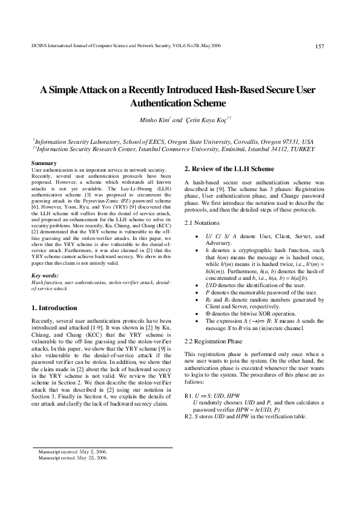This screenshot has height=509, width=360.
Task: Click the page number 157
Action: (321, 46)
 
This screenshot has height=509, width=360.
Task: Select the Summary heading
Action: (44, 163)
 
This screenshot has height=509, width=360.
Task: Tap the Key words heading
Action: (45, 276)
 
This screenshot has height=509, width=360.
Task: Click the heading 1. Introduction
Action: (54, 308)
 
